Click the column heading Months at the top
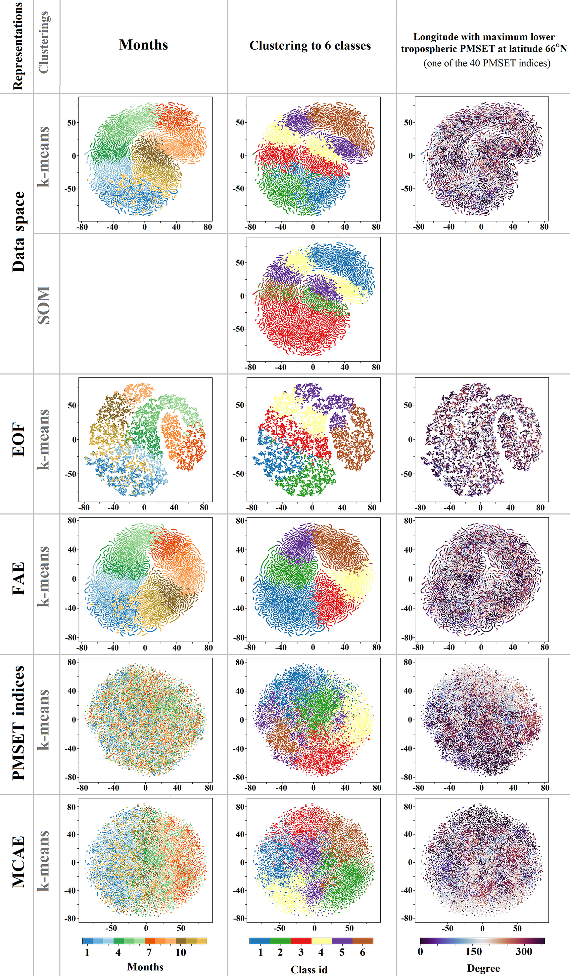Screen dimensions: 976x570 pos(143,45)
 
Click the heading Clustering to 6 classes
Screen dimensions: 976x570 pos(310,46)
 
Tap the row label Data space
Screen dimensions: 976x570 pos(19,232)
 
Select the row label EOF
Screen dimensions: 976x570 pos(19,440)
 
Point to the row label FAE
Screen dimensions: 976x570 pos(19,579)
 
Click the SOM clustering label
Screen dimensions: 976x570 pos(44,305)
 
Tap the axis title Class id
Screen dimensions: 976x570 pos(309,969)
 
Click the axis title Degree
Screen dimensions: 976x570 pos(483,968)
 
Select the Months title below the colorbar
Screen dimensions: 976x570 pos(145,967)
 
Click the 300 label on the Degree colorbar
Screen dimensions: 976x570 pos(523,952)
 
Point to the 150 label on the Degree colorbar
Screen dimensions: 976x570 pos(473,952)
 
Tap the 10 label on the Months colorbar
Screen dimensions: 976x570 pos(180,953)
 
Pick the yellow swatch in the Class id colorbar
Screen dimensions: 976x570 pos(321,941)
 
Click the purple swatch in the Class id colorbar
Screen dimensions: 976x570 pos(342,941)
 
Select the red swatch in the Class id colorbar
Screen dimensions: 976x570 pos(301,941)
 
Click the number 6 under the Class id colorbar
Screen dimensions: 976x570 pos(362,953)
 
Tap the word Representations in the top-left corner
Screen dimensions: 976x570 pos(18,46)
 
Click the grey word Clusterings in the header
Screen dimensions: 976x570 pos(44,43)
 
